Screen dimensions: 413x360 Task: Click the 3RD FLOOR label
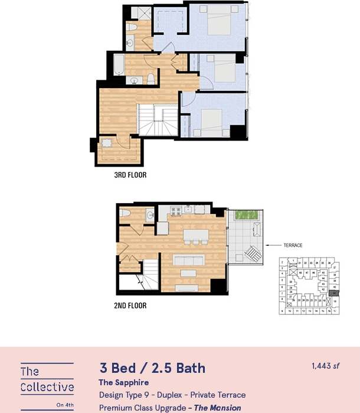point(130,175)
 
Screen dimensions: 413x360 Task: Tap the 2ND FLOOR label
point(130,305)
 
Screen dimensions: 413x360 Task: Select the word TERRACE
point(292,245)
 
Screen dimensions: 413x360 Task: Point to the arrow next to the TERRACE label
point(274,245)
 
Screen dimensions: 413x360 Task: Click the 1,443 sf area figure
point(325,366)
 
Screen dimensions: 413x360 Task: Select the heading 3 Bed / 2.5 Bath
point(152,368)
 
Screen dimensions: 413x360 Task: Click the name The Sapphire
point(123,383)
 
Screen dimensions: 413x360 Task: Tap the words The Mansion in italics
point(217,408)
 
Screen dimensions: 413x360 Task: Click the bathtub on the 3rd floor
point(118,65)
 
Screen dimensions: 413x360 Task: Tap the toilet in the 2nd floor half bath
point(125,213)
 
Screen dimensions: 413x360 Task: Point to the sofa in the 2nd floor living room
point(188,259)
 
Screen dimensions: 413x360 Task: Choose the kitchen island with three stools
point(195,234)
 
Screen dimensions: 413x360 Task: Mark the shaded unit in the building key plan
point(335,291)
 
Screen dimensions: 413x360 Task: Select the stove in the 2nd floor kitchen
point(175,211)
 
